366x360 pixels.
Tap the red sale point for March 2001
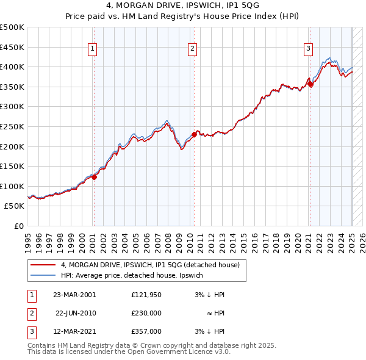click(95, 178)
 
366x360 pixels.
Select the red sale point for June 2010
click(194, 134)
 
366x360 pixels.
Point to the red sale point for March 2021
click(310, 84)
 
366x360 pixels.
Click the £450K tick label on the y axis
click(12, 47)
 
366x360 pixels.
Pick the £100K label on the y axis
click(12, 186)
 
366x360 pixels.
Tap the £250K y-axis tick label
click(12, 126)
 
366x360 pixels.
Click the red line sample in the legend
click(43, 265)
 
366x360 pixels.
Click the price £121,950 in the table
click(146, 294)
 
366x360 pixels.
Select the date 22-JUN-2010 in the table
click(76, 312)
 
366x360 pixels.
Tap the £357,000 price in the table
click(146, 331)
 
